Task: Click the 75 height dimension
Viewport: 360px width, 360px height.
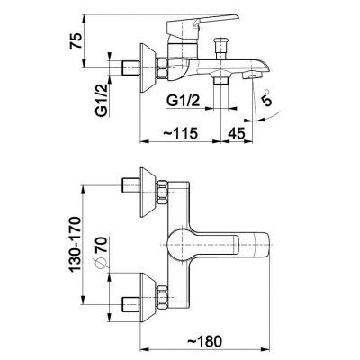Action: [x=76, y=41]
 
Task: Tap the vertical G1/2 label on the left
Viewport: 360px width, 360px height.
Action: [x=102, y=100]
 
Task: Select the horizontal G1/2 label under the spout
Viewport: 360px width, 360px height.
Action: [x=183, y=101]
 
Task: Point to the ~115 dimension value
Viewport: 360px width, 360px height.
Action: [x=180, y=133]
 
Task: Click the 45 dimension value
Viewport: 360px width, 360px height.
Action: [x=237, y=133]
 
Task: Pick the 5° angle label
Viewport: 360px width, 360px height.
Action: [x=266, y=97]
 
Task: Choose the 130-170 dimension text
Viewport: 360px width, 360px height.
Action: [x=76, y=244]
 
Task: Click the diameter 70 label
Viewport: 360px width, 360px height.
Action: [x=101, y=251]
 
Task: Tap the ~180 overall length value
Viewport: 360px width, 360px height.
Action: [x=205, y=341]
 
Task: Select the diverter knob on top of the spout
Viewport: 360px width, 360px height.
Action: [x=220, y=49]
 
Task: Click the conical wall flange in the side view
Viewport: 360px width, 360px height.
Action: [x=148, y=68]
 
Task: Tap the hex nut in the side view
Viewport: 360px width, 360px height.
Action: [x=163, y=68]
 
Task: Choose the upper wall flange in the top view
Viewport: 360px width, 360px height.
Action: [x=148, y=192]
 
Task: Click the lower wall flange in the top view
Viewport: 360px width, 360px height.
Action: [x=148, y=299]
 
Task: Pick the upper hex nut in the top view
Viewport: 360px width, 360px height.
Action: [x=162, y=193]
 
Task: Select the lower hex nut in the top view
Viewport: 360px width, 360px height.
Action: [x=162, y=298]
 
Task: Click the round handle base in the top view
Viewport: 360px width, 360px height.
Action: [x=181, y=245]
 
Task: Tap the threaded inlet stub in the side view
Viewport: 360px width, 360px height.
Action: [x=131, y=68]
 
